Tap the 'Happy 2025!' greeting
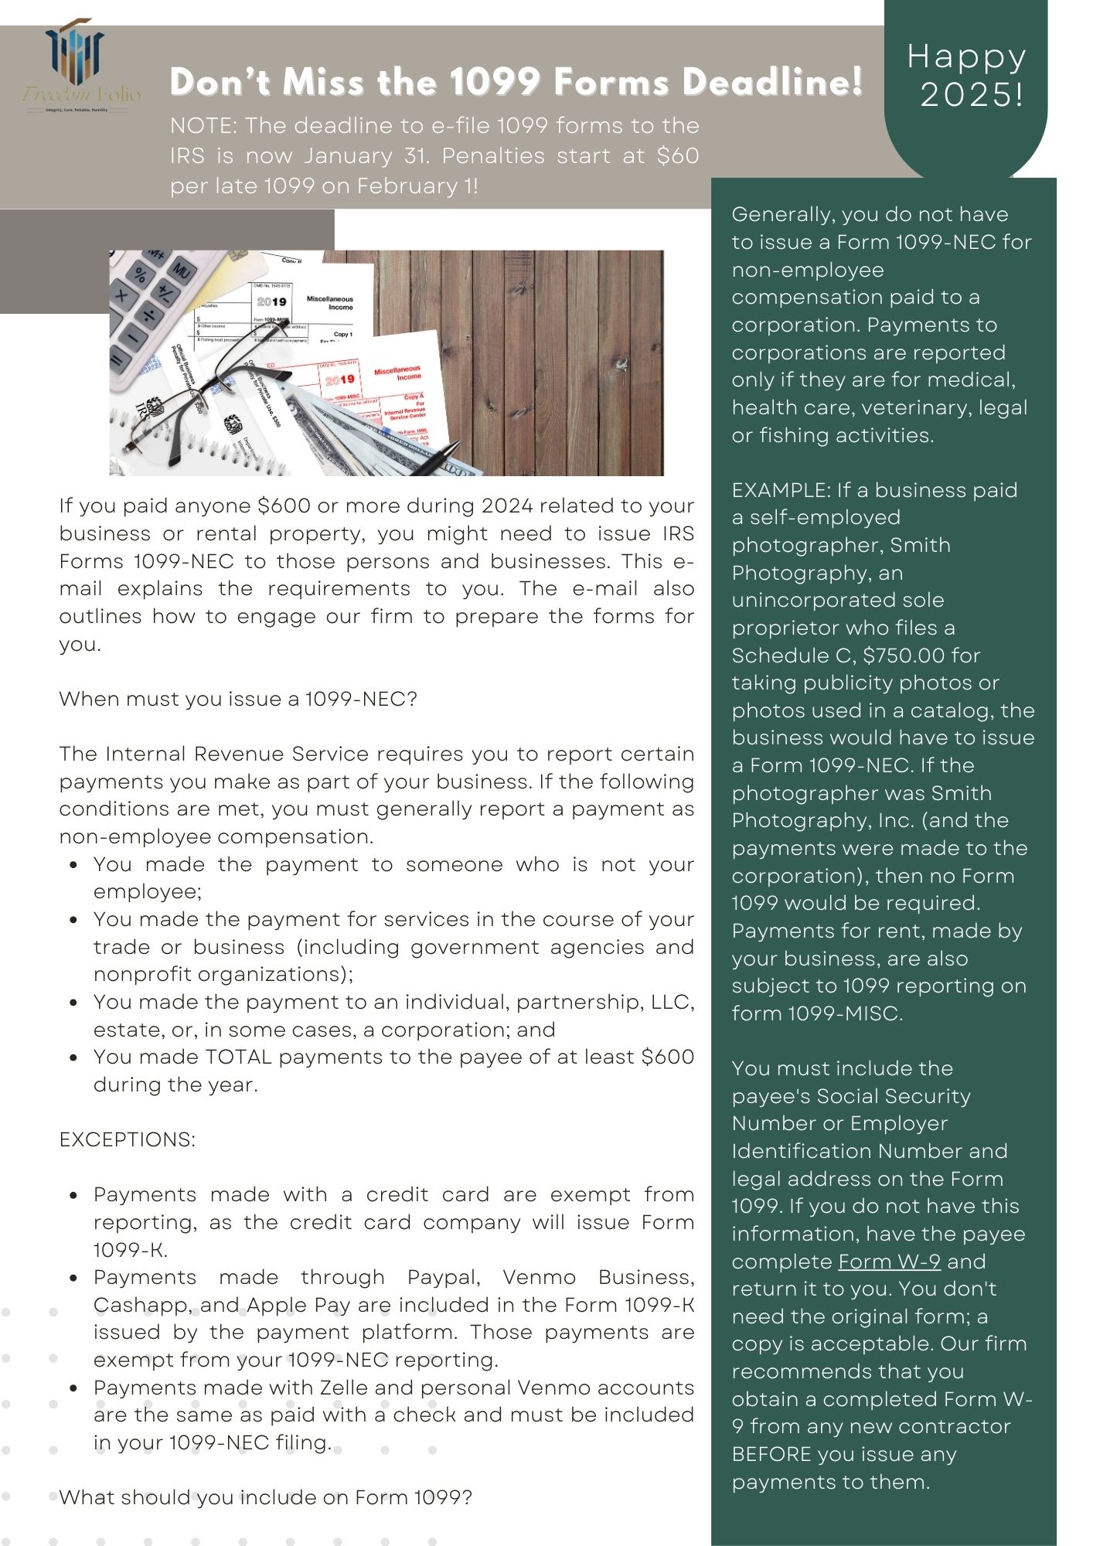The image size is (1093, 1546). [x=966, y=75]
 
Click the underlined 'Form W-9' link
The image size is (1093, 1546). [x=889, y=1262]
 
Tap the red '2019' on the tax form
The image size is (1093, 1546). [x=340, y=380]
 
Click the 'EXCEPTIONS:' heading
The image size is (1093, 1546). [x=128, y=1139]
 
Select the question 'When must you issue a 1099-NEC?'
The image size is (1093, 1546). [x=238, y=699]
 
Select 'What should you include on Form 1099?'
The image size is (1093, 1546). [x=265, y=1497]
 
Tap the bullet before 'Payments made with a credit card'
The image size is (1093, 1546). [x=73, y=1195]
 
